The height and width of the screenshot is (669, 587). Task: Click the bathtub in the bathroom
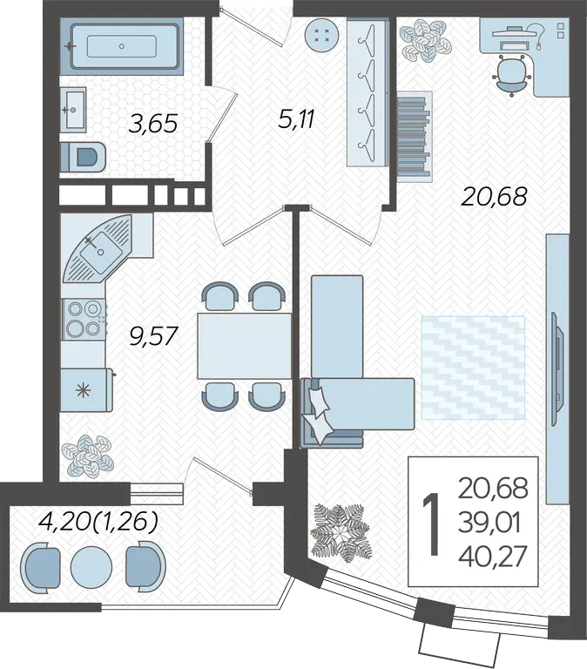tap(125, 46)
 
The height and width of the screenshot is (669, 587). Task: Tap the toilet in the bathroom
tap(83, 157)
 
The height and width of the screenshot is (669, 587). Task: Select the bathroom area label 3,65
tap(152, 125)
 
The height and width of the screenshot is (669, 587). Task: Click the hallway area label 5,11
tap(296, 118)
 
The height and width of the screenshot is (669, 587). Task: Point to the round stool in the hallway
tap(321, 36)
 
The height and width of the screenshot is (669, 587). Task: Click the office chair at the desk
tap(511, 76)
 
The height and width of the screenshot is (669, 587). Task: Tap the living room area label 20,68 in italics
tap(495, 196)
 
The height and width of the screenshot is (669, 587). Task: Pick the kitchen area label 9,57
tap(152, 335)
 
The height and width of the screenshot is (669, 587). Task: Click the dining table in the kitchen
tap(244, 346)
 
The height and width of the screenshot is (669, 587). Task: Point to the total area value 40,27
tap(493, 557)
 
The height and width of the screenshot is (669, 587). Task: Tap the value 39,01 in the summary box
tap(489, 523)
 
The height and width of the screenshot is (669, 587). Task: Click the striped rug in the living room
tap(473, 368)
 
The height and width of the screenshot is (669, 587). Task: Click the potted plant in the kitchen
tap(87, 456)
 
